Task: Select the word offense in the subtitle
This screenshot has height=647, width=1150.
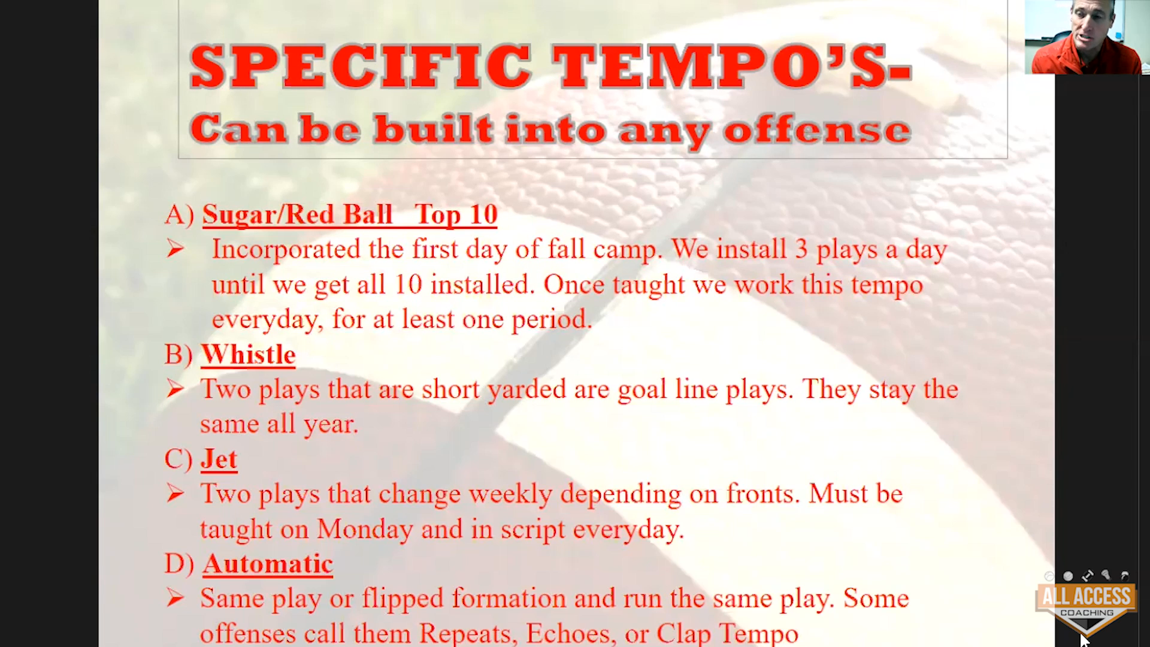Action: pyautogui.click(x=817, y=129)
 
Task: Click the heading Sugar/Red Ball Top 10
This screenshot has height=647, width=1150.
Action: pyautogui.click(x=350, y=215)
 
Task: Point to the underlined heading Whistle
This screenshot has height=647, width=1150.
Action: pyautogui.click(x=248, y=355)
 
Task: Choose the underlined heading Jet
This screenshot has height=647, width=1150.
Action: pyautogui.click(x=219, y=459)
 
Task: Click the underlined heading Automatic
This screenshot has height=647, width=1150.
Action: pyautogui.click(x=267, y=564)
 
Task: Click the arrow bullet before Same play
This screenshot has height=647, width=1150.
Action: pyautogui.click(x=175, y=598)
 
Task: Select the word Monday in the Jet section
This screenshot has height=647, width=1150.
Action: pyautogui.click(x=365, y=529)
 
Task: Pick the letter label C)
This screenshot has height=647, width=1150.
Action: pyautogui.click(x=178, y=459)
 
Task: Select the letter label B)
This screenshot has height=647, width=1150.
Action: pyautogui.click(x=178, y=355)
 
